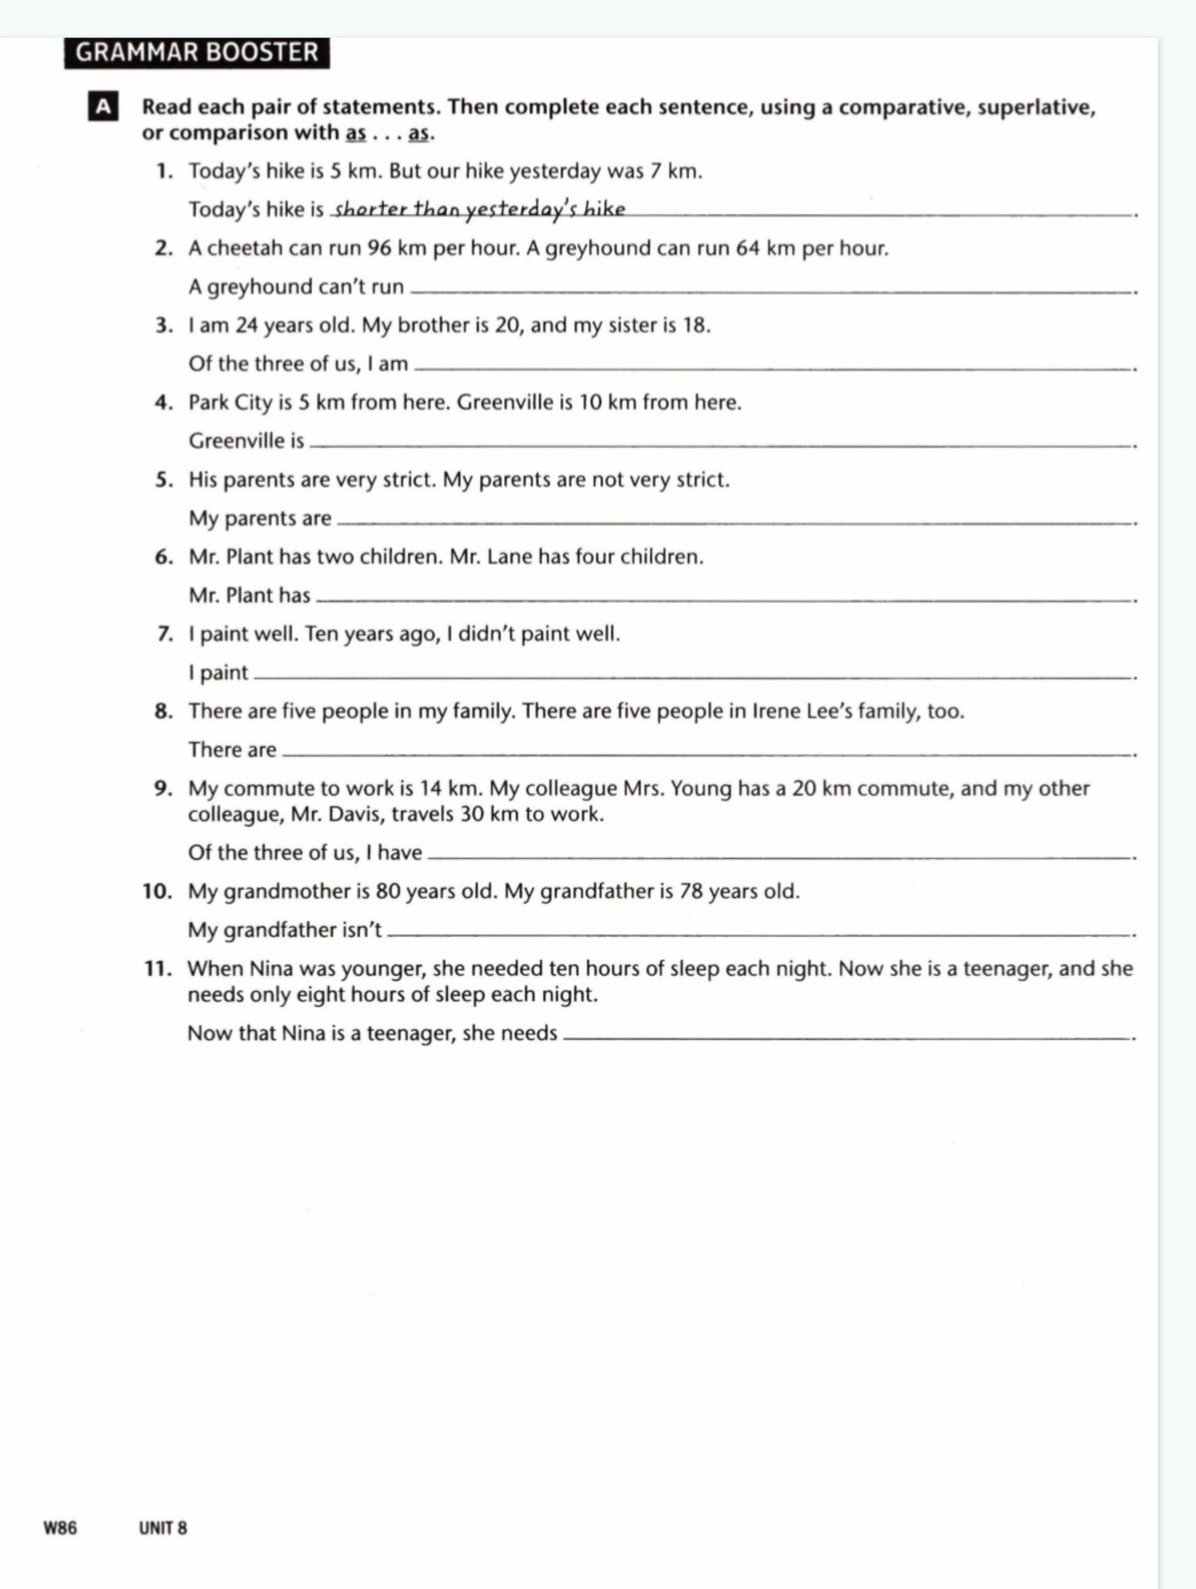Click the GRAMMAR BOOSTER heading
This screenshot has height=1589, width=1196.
point(196,52)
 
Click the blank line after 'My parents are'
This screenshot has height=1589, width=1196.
point(733,522)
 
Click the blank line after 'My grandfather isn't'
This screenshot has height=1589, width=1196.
point(758,934)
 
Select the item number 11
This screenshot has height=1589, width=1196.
point(158,969)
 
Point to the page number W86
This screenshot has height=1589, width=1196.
point(61,1528)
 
